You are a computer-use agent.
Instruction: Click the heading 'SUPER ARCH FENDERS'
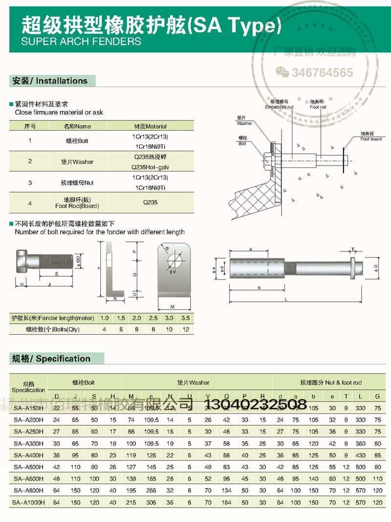(81, 41)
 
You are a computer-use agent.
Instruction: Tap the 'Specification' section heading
(51, 358)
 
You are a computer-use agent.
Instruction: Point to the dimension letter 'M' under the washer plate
(173, 307)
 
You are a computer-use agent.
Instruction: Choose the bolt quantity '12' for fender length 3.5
(186, 330)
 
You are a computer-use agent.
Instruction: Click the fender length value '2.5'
(153, 318)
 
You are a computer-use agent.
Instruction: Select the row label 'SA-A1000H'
(28, 502)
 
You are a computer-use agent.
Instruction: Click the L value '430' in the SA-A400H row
(361, 455)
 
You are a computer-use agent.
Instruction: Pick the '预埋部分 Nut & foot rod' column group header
(330, 382)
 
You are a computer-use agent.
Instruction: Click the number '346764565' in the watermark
(322, 73)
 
